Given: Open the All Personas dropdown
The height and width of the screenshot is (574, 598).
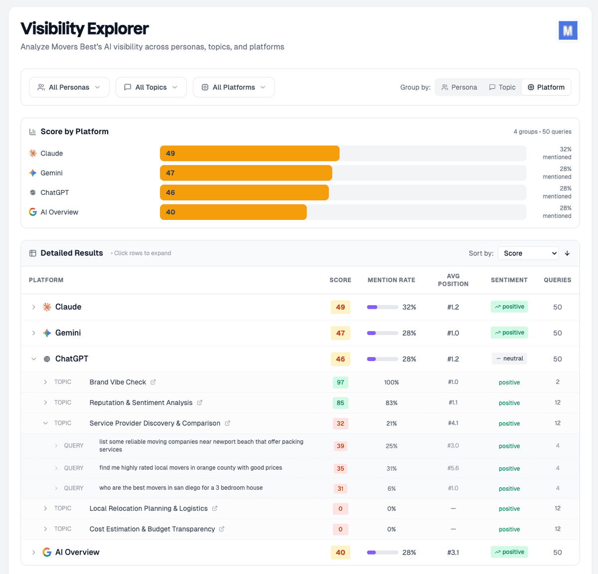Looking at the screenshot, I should point(69,87).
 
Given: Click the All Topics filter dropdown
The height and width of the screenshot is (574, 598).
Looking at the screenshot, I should point(151,87).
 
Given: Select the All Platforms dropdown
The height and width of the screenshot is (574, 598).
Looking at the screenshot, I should point(233,87).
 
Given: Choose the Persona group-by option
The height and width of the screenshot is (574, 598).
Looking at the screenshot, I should point(459,87).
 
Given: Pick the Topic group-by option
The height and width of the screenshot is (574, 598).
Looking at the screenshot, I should point(502,87).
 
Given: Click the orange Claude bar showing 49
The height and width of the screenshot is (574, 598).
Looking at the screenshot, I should point(249,154).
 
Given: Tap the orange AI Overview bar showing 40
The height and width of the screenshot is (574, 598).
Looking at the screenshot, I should point(233,212).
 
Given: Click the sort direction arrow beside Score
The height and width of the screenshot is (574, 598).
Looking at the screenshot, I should point(567,253).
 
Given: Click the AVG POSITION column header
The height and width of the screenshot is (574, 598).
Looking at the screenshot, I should point(453,280).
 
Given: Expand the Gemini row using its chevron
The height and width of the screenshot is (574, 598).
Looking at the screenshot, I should point(33,333).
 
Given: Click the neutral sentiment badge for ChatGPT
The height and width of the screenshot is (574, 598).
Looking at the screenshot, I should point(509,359).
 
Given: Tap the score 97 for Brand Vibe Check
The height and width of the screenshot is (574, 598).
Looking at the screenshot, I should point(340,383).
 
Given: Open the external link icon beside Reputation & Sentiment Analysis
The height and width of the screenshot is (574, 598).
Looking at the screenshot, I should point(200,402).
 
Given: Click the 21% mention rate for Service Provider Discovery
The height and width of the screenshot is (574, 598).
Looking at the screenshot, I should point(391,423).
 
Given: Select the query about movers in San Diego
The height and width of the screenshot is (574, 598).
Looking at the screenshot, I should point(181,488).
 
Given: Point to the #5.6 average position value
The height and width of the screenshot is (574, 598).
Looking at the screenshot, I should point(453,468).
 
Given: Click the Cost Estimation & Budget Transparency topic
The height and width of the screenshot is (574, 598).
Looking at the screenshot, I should point(152,529).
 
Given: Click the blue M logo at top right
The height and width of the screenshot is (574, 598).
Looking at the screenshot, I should point(568,31).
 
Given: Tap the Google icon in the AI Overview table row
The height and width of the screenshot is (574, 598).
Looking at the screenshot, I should point(47,552).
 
